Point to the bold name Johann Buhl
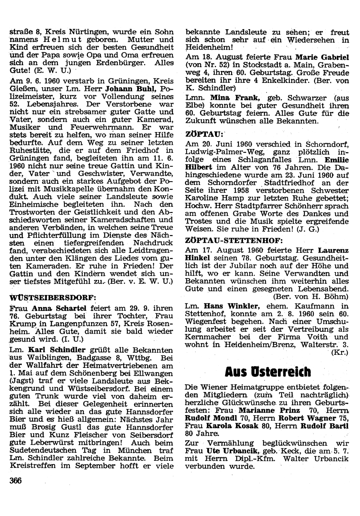(135, 89)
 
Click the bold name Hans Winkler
(231, 306)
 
